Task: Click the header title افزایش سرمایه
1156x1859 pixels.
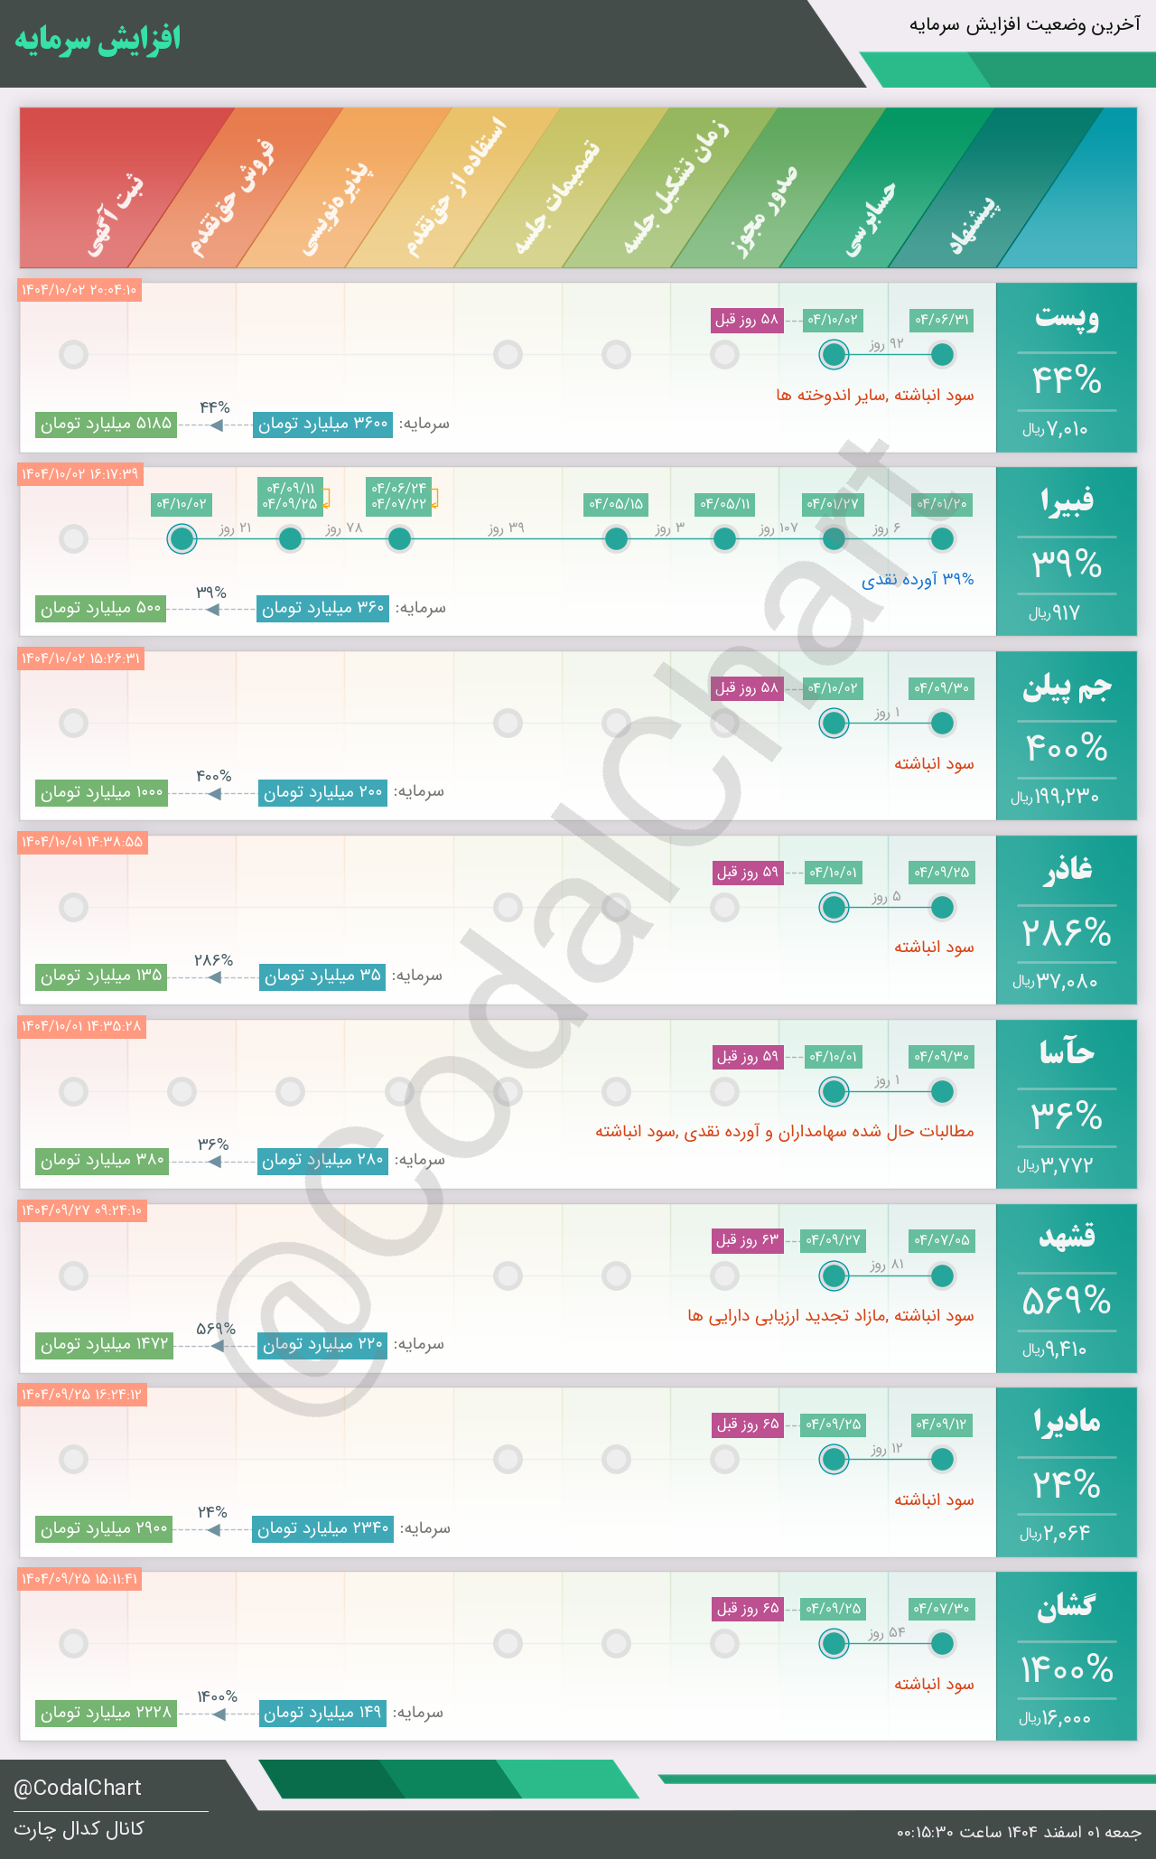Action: point(98,40)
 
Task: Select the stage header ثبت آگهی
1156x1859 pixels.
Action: point(116,217)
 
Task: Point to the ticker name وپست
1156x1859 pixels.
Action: point(1067,318)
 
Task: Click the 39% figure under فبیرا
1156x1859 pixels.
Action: point(1067,565)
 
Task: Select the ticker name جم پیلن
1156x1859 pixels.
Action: point(1067,687)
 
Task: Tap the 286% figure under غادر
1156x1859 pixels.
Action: point(1067,932)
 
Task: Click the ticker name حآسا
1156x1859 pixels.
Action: point(1067,1054)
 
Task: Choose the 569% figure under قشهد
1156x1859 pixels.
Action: point(1067,1301)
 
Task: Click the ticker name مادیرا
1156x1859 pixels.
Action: point(1067,1422)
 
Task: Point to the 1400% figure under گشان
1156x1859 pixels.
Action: point(1067,1669)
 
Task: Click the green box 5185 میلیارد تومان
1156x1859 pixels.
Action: point(106,424)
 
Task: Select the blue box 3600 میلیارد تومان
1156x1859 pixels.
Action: point(322,424)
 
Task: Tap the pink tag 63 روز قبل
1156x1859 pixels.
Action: point(747,1240)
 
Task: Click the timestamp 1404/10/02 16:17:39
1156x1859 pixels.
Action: point(80,474)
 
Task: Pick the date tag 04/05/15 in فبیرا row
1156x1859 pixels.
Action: point(616,504)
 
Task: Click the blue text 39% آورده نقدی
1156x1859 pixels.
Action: point(918,579)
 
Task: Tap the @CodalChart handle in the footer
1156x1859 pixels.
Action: point(78,1788)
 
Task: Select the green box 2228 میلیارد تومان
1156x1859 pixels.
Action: point(106,1713)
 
